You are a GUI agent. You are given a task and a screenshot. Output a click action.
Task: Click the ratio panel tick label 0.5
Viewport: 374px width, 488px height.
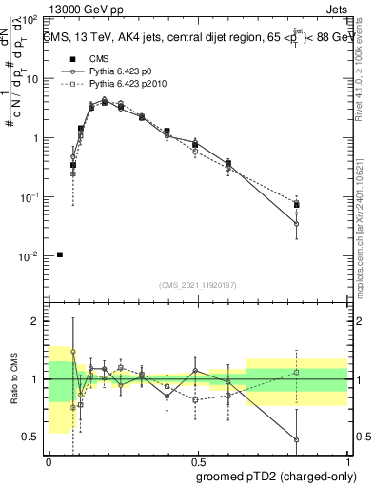point(32,437)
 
